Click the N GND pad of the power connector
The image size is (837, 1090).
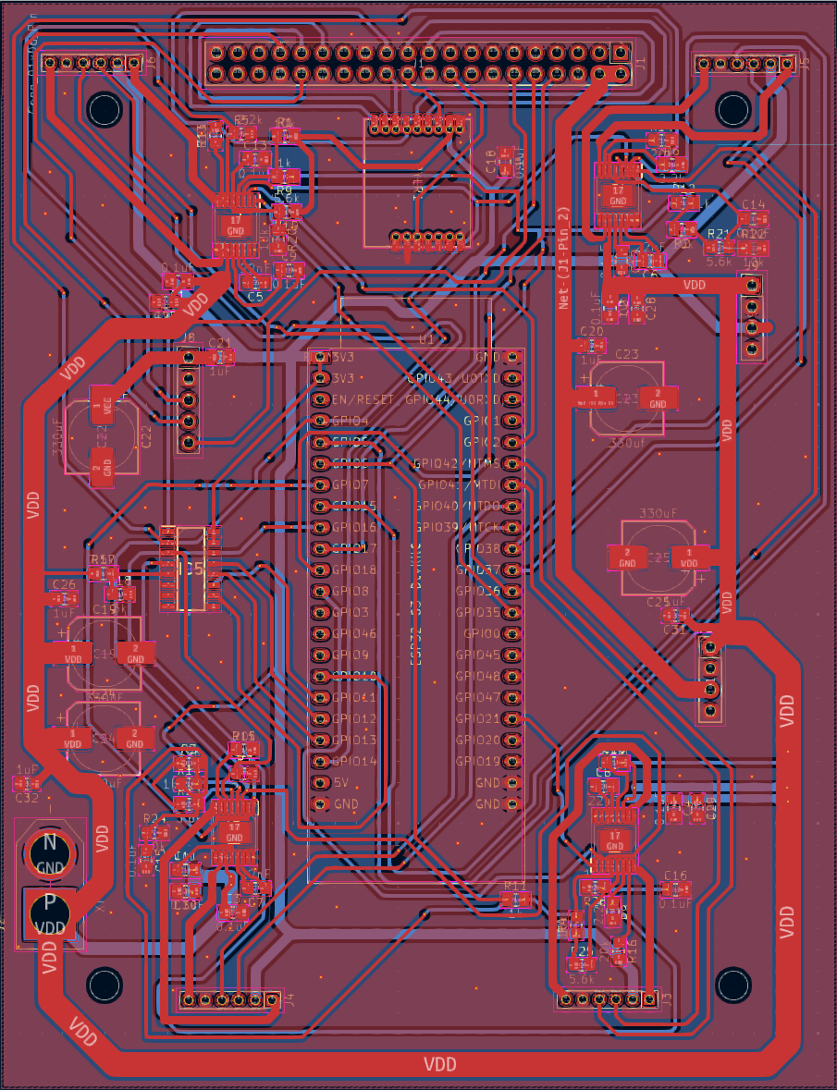click(50, 852)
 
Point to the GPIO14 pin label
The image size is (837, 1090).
click(353, 762)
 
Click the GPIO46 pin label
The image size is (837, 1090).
click(353, 634)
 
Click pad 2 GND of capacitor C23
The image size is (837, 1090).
click(657, 398)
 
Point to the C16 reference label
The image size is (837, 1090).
click(675, 875)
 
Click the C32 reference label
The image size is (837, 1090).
click(28, 798)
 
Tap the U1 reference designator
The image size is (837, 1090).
click(426, 340)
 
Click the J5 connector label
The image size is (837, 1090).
click(804, 64)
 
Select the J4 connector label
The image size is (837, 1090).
click(288, 999)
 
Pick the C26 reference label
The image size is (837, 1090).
click(64, 584)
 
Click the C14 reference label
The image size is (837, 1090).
click(754, 204)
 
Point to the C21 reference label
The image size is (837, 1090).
click(220, 343)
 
